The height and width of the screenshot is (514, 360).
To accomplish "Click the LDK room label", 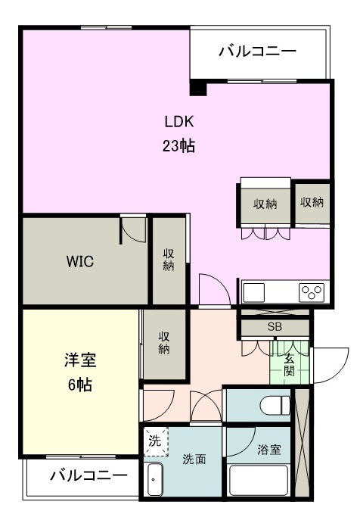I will point(179,120).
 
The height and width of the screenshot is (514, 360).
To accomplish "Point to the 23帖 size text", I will point(179,145).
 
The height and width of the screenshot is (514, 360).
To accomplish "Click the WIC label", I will point(79,262).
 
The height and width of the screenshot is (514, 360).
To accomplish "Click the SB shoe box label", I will point(274,327).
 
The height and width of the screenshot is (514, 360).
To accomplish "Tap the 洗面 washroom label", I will point(194,459).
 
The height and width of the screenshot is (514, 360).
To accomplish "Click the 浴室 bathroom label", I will point(269,450).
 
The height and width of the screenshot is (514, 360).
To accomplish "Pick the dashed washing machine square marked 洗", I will point(155,442).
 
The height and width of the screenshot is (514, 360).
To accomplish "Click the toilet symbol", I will point(274,405).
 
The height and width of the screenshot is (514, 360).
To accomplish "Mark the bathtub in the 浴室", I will point(258,481).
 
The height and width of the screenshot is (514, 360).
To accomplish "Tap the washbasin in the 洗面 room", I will point(155,481).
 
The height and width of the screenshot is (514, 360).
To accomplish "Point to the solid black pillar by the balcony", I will point(198,88).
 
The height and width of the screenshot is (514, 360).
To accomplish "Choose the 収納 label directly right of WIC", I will point(169,259).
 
